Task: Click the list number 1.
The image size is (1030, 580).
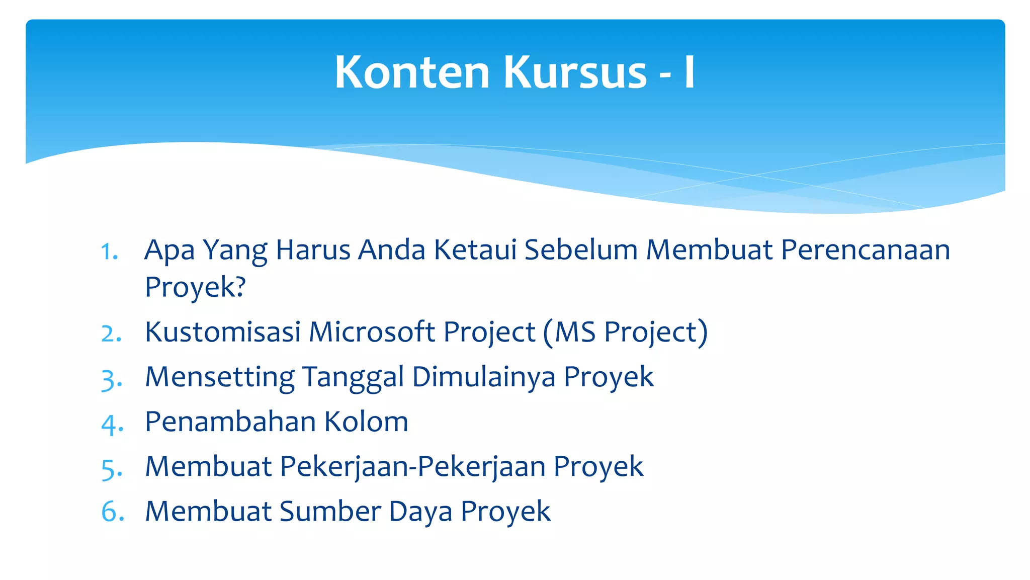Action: (109, 251)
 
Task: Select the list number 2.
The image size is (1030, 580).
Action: (111, 334)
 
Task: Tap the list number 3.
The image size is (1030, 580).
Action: (111, 379)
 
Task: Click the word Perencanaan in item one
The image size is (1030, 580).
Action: (865, 250)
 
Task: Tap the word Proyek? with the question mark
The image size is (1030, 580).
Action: (195, 287)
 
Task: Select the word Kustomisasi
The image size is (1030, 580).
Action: (222, 332)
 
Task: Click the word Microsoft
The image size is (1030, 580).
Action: (372, 332)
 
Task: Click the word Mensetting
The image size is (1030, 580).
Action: (220, 377)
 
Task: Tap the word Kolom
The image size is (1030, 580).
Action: (366, 422)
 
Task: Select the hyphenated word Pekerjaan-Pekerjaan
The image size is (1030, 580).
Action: (412, 467)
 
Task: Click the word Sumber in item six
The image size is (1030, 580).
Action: (330, 512)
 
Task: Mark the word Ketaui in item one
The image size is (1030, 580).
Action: (475, 250)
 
